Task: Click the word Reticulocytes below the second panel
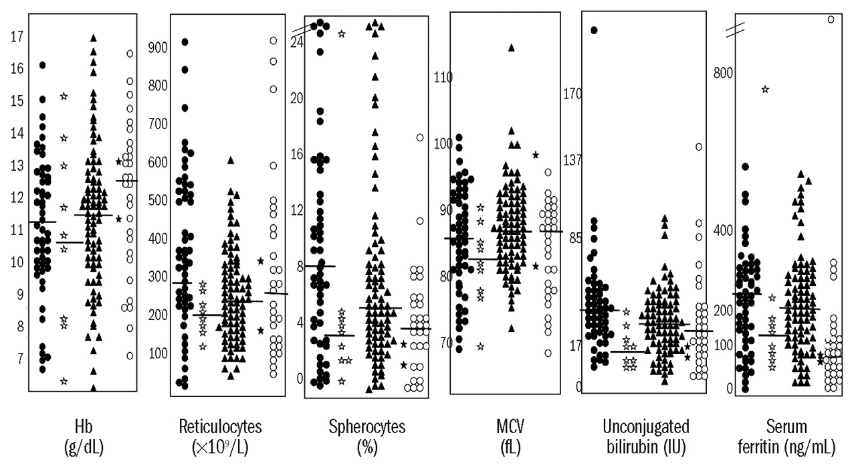click(x=221, y=427)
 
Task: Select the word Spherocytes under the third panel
click(x=367, y=427)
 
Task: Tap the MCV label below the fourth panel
click(x=505, y=427)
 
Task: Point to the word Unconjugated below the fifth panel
click(x=645, y=427)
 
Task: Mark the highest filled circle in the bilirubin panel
click(x=593, y=29)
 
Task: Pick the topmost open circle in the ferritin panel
click(x=831, y=19)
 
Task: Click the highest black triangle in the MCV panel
click(x=512, y=48)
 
